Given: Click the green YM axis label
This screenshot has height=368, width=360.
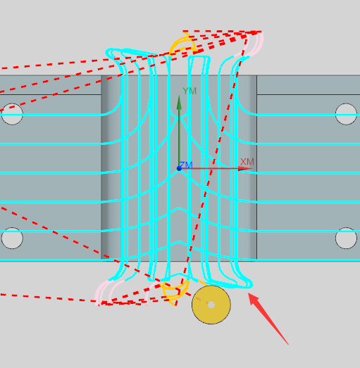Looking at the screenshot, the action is tap(190, 91).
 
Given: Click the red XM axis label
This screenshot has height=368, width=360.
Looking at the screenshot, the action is tap(247, 162).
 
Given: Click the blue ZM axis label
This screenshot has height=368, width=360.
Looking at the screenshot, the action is tap(186, 165).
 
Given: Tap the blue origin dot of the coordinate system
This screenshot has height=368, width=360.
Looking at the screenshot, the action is tap(179, 168).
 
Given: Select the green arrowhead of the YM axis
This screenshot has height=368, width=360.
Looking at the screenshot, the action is tap(179, 102).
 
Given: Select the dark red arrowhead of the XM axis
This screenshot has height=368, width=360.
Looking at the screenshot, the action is tap(245, 168).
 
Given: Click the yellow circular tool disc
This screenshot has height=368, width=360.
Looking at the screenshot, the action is tap(211, 305).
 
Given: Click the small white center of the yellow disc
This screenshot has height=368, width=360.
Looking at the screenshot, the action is tap(211, 305).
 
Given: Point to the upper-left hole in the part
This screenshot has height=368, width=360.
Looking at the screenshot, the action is tap(12, 114).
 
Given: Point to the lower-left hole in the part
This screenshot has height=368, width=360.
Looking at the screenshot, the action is tap(12, 238).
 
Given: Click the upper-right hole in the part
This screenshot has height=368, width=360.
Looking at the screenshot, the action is tap(346, 114).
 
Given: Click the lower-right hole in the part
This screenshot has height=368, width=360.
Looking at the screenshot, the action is tap(346, 238).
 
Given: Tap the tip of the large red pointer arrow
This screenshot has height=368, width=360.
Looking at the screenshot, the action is tap(249, 293).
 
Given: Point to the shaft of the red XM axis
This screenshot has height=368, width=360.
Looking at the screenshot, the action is tap(210, 168).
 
